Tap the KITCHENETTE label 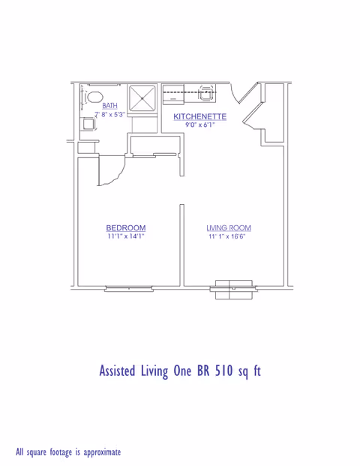[199, 116]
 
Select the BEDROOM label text [125, 227]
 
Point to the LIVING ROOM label [229, 227]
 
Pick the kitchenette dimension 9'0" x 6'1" [199, 125]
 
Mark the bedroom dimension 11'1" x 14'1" [125, 236]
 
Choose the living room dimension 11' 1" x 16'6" [228, 236]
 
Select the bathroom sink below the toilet [88, 123]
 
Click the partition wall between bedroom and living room [181, 244]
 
